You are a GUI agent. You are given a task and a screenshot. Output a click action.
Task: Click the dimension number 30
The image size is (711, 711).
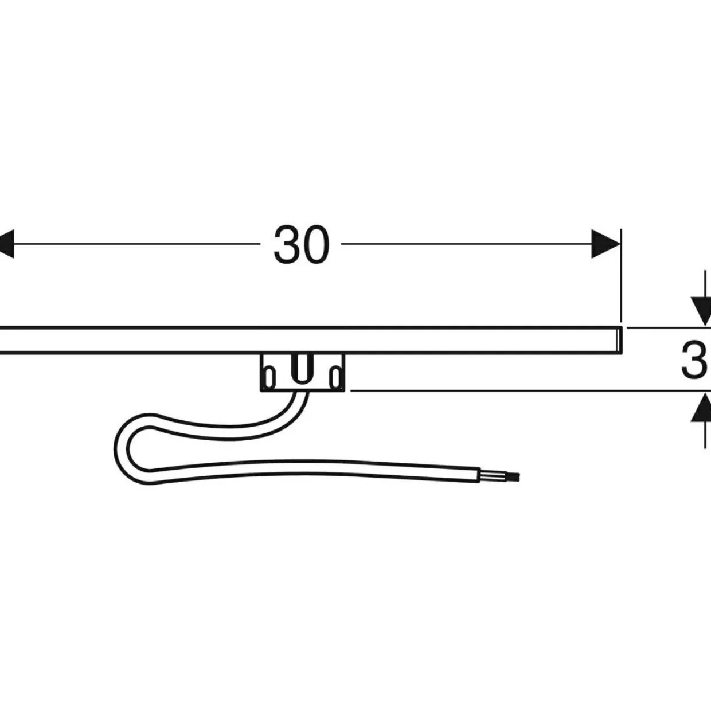tap(301, 244)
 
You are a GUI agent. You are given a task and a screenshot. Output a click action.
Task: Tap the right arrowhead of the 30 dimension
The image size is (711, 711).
tap(605, 244)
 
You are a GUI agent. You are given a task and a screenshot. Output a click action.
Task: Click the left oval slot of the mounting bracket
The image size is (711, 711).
tap(271, 377)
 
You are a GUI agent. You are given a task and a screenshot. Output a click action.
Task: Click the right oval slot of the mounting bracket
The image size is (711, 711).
tap(335, 377)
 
